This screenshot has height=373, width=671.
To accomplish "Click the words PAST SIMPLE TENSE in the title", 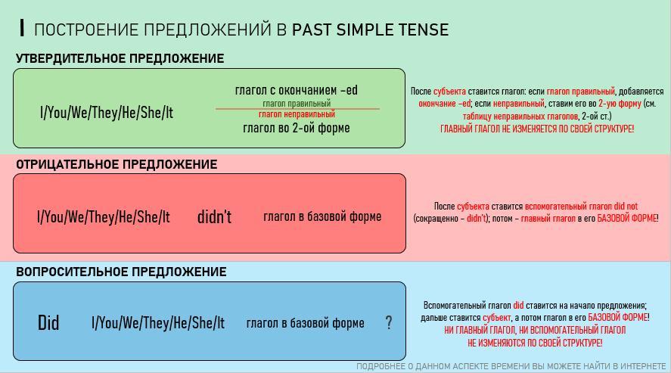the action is coord(370,30).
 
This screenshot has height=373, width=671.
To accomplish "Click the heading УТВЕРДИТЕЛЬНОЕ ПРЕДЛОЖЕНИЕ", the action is coord(120,58).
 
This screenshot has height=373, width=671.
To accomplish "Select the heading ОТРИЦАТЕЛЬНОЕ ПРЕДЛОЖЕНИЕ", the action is coord(116,164).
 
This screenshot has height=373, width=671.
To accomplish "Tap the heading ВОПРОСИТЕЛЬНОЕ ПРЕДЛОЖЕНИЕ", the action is coord(121,272).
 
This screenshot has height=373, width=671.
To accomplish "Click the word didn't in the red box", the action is coord(214,217).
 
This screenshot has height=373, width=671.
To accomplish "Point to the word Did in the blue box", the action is coord(48,322).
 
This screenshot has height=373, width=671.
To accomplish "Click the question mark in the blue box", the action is coord(389,322).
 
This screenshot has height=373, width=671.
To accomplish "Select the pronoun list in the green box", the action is coord(107,113).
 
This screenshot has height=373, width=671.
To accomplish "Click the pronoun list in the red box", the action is coord(104,217).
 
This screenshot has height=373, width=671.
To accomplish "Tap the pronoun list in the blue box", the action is coord(158,322).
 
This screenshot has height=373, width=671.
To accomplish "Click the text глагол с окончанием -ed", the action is coord(296,90).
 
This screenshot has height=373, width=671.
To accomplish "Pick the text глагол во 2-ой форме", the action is coord(296,128).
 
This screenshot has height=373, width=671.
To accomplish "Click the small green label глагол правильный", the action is coord(297,104).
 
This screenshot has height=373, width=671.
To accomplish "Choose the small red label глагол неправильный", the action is coord(297,114).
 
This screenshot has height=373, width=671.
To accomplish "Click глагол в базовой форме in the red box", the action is coord(322,217).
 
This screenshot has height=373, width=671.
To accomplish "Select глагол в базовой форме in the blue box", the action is coord(305,323).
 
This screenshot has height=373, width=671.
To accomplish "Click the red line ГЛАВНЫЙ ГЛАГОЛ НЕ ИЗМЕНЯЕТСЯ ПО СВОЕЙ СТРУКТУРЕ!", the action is coord(537,129).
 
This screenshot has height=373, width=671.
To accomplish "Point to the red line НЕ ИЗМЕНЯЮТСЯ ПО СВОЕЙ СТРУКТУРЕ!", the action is coord(535,343).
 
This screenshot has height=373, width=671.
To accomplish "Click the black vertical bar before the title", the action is coord(22,28).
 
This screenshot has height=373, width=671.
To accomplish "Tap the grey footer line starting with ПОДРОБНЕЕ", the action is coord(511,367).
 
